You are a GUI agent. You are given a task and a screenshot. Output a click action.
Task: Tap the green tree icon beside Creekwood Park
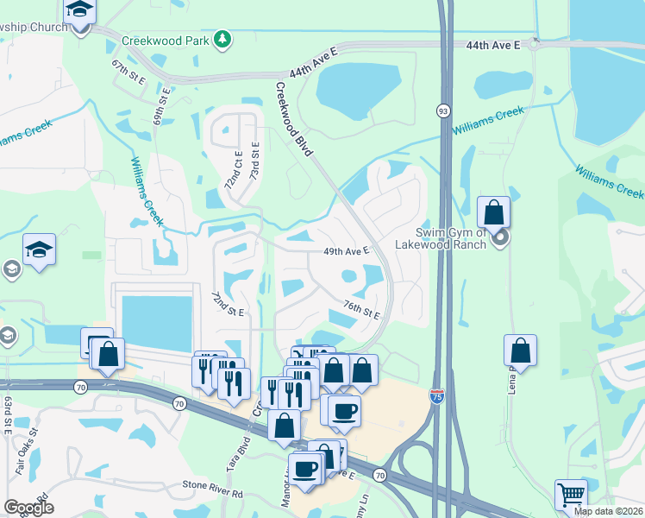coord(222,39)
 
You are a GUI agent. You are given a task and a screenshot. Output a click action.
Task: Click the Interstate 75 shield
coord(436,395)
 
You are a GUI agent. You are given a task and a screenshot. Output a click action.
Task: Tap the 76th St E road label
coord(361,309)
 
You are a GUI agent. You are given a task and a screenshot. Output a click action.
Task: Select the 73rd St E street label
coord(255,161)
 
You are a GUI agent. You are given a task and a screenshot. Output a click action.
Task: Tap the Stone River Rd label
coord(213,495)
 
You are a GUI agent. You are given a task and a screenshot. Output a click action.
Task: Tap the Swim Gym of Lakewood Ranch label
coord(451,238)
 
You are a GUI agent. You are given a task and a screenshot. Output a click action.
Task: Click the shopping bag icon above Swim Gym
coord(494,212)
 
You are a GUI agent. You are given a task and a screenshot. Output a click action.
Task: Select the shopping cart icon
coord(571,495)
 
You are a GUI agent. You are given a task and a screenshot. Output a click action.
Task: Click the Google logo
coord(28,508)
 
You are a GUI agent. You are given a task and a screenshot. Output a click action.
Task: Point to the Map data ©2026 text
coord(607,511)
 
